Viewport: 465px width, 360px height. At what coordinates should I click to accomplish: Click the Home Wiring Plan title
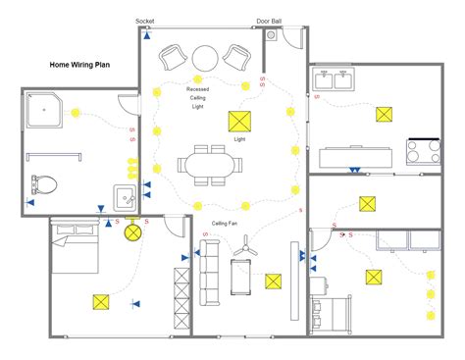click(x=80, y=66)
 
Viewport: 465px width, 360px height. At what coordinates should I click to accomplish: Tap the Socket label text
click(x=145, y=21)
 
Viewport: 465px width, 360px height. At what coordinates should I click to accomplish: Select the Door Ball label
click(x=268, y=21)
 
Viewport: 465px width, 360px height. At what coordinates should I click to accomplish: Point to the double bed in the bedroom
click(x=75, y=249)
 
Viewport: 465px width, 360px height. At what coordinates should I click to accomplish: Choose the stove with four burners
click(x=424, y=152)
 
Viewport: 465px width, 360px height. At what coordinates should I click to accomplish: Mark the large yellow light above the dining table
click(x=238, y=122)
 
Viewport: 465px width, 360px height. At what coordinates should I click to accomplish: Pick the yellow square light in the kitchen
click(x=382, y=114)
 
